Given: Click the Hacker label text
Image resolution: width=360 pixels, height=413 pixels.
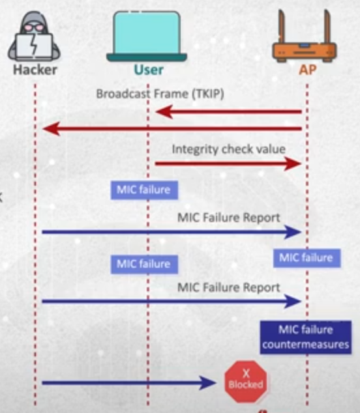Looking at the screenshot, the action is point(35,70).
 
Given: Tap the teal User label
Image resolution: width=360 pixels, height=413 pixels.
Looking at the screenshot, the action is point(149,70).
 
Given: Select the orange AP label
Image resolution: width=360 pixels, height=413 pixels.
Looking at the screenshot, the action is point(308,70).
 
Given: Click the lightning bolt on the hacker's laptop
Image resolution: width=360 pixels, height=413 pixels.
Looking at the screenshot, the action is point(34,46).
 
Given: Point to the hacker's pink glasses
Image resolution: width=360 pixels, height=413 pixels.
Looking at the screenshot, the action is point(34,28).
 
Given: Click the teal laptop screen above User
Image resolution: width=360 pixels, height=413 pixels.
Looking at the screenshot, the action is point(147,33).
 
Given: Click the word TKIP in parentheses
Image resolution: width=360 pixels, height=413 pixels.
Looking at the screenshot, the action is point(208,94).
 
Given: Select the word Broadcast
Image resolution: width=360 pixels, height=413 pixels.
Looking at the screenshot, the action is point(123,94).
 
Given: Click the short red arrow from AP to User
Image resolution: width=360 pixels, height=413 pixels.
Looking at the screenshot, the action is point(229,111).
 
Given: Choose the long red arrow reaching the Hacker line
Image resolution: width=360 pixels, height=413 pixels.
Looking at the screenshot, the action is point(172,129).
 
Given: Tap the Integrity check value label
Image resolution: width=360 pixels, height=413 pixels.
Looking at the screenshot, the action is point(229,149).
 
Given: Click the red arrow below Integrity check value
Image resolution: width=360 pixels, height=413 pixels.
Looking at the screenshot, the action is point(228,164).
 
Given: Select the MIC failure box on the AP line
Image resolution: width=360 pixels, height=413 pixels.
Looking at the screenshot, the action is point(307,258).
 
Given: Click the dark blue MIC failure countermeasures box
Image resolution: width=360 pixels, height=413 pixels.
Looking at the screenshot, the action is point(306,337).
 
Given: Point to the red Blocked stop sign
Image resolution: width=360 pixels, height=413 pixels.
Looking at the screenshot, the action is point(246,382).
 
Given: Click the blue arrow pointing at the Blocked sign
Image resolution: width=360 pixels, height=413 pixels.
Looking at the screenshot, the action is point(129,383).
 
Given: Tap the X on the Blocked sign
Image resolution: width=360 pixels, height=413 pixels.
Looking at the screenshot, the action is point(246,373).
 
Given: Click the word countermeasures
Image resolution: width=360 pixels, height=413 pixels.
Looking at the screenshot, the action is point(306,345).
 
